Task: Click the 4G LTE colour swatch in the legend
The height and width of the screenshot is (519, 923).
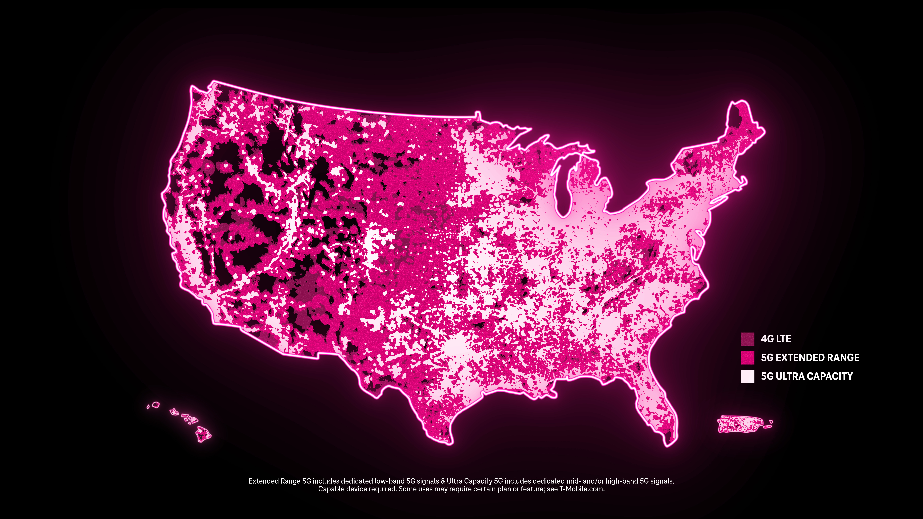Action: [747, 339]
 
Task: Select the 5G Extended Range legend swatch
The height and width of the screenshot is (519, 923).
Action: [747, 357]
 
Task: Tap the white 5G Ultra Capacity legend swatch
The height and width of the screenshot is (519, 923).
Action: [747, 376]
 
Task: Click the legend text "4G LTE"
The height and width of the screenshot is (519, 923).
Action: [776, 339]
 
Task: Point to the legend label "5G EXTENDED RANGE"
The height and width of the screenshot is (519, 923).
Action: [810, 357]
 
